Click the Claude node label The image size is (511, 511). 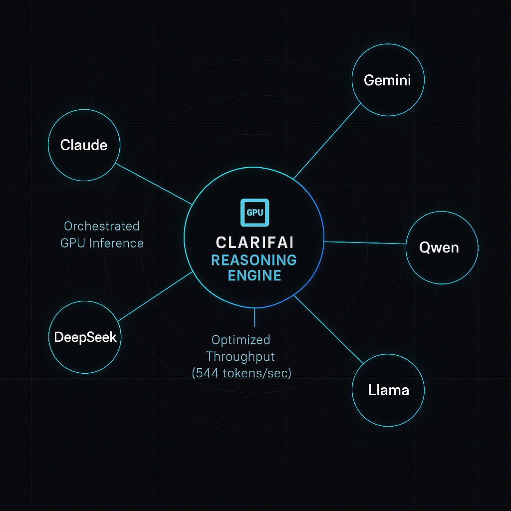[84, 145]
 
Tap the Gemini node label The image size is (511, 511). [387, 80]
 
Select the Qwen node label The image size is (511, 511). [439, 248]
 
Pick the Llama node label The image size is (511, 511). [388, 390]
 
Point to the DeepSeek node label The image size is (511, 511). [85, 337]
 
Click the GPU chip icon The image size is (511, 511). [255, 212]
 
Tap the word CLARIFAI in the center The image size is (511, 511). [255, 243]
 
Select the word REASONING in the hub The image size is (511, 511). [254, 260]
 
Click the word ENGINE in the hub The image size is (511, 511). [255, 275]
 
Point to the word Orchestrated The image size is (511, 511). [101, 226]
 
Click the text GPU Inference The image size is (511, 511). [102, 243]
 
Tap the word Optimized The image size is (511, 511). [241, 340]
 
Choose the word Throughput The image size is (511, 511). [241, 357]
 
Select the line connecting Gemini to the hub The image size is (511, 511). [327, 141]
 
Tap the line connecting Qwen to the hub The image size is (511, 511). [364, 243]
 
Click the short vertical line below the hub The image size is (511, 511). [255, 317]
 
